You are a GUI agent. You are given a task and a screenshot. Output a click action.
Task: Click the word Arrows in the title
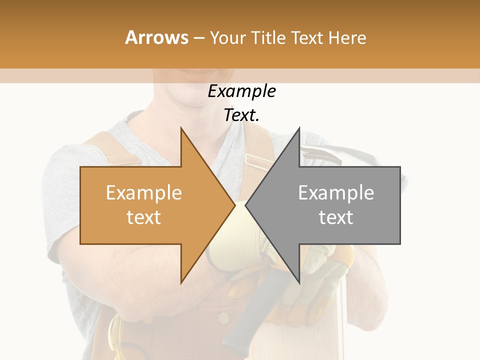156,37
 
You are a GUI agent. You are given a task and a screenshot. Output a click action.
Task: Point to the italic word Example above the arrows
241,91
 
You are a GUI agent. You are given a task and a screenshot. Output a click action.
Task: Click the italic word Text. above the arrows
241,115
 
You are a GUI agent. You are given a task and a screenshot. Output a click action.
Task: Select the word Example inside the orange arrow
144,193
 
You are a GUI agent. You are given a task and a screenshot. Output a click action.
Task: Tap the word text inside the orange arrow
144,217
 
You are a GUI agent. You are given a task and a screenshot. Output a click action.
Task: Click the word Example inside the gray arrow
336,193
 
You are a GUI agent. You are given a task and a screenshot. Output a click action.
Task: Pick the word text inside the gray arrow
336,217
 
